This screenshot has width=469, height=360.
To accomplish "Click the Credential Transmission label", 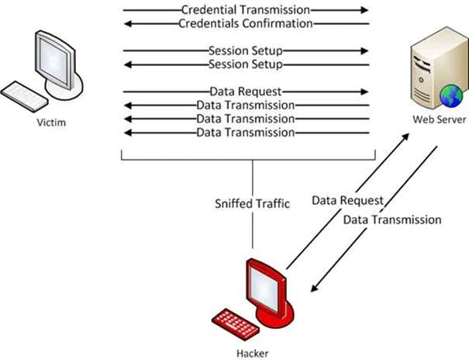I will pyautogui.click(x=245, y=10).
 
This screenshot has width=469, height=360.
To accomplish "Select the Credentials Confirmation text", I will pyautogui.click(x=245, y=23).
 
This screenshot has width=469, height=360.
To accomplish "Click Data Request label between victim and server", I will pyautogui.click(x=245, y=91).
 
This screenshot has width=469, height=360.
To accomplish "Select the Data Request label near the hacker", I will pyautogui.click(x=348, y=201).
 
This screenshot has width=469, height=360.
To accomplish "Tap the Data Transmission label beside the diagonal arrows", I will pyautogui.click(x=392, y=220).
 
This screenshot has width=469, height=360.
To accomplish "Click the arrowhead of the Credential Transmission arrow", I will pyautogui.click(x=364, y=10).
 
